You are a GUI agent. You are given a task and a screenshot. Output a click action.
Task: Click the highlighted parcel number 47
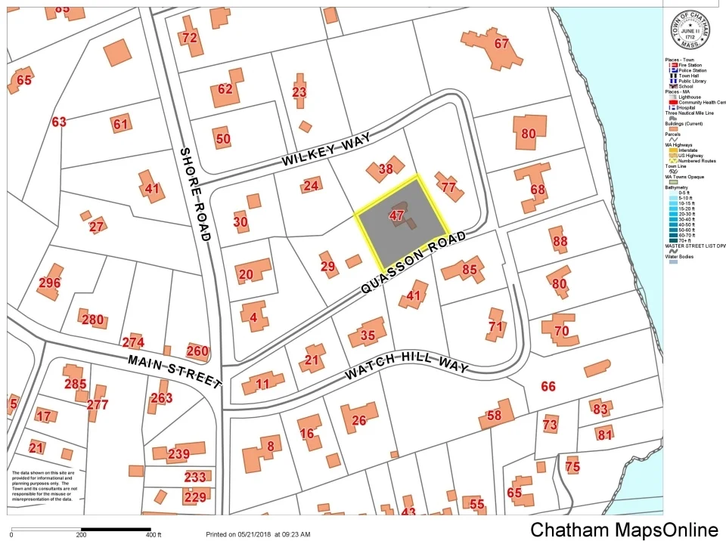tap(396, 215)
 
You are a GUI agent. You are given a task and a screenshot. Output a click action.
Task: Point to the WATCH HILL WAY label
tap(407, 363)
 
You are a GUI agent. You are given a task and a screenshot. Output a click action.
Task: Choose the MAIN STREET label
tap(174, 371)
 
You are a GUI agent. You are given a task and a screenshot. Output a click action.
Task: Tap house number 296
tap(49, 283)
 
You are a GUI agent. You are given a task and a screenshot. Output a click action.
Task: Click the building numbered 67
tap(501, 44)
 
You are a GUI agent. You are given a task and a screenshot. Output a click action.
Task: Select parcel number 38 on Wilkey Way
tap(386, 169)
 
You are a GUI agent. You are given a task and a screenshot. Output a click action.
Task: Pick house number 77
tap(448, 187)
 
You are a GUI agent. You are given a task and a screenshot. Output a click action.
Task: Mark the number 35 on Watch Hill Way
tap(368, 335)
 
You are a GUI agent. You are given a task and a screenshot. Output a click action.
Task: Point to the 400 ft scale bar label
tap(153, 535)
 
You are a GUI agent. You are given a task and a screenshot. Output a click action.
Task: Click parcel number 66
tap(548, 386)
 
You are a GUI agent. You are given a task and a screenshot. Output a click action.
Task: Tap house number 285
tap(76, 384)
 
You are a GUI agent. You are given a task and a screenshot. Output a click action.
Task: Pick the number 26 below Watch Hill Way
tap(359, 420)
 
